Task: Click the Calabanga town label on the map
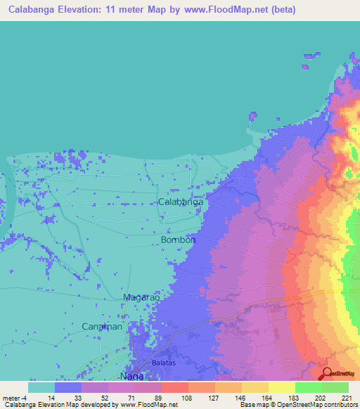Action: pos(181,202)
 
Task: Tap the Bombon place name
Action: pos(178,240)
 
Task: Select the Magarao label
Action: pos(143,297)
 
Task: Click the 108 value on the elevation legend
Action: pos(187,397)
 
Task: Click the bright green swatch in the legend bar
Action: pos(308,387)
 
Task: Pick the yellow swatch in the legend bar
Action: pos(281,387)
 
